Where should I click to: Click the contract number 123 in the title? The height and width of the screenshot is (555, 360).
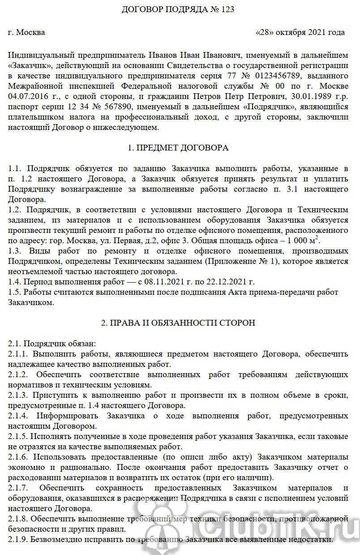click(227, 9)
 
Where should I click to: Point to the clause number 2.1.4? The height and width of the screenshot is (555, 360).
click(18, 416)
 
